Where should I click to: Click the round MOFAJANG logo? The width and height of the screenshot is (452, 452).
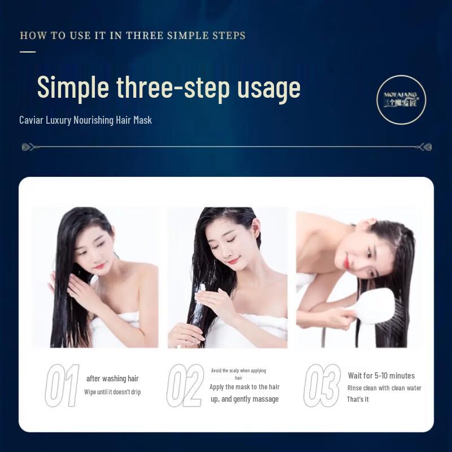pyautogui.click(x=401, y=99)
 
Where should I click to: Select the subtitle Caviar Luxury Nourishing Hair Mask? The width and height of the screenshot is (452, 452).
pyautogui.click(x=85, y=120)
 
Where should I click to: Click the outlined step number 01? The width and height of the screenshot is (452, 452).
pyautogui.click(x=62, y=385)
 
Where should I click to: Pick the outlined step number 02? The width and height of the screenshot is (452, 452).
pyautogui.click(x=185, y=385)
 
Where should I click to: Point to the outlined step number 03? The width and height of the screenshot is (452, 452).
pyautogui.click(x=322, y=385)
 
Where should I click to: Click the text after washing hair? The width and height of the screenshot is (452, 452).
pyautogui.click(x=112, y=379)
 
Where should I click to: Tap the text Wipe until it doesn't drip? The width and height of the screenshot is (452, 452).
pyautogui.click(x=112, y=392)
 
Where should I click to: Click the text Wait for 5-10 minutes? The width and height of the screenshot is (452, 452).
pyautogui.click(x=381, y=376)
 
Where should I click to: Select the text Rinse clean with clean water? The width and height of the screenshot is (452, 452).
pyautogui.click(x=384, y=388)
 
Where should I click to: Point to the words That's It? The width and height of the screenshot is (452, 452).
pyautogui.click(x=358, y=399)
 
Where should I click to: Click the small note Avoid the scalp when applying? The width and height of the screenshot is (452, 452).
pyautogui.click(x=238, y=371)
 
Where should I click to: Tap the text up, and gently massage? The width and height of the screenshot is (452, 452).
pyautogui.click(x=244, y=399)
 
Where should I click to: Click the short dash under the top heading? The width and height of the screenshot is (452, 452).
pyautogui.click(x=28, y=51)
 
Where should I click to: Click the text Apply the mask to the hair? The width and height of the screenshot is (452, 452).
pyautogui.click(x=244, y=387)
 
